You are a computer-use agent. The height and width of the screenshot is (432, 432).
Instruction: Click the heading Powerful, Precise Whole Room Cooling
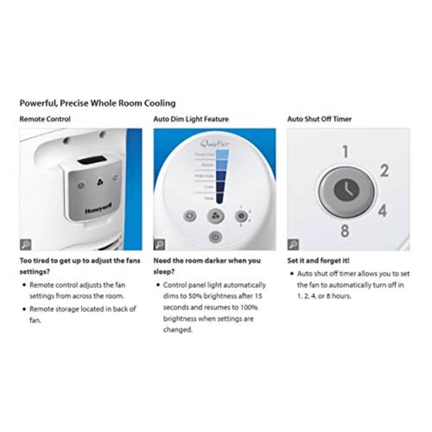click(97, 103)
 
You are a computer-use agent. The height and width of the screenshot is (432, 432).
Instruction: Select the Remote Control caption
click(45, 119)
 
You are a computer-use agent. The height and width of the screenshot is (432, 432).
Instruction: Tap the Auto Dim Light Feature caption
click(191, 119)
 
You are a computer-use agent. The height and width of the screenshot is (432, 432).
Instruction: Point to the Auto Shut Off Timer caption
click(319, 119)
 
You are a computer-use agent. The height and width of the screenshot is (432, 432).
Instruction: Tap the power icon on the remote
click(81, 185)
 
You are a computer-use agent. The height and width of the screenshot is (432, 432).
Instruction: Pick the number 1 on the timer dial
click(345, 152)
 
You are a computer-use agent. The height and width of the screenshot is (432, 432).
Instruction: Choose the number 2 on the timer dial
click(384, 170)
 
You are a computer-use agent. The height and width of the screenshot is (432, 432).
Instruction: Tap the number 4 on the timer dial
click(382, 211)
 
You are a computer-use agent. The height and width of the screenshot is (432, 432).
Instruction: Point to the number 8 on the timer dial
click(345, 231)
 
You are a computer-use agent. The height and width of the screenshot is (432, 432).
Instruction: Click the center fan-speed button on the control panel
click(215, 216)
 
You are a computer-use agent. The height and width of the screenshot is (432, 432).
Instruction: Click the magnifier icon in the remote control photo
click(26, 244)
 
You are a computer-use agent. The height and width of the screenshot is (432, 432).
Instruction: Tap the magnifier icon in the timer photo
click(293, 244)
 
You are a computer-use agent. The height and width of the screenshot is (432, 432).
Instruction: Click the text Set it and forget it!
click(318, 261)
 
